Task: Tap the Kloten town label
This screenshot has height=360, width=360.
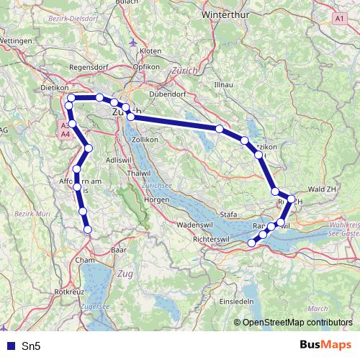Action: (x=150, y=51)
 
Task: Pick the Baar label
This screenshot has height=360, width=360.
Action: (x=119, y=251)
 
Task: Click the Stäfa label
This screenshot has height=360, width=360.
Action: (x=228, y=214)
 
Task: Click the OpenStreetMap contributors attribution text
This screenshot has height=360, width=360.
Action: (x=300, y=323)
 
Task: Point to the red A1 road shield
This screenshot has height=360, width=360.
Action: (x=341, y=17)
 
